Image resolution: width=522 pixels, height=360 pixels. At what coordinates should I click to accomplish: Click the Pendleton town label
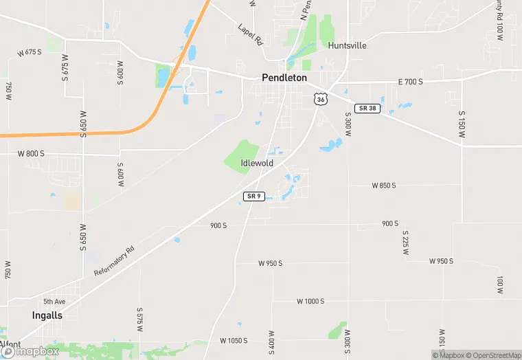(284, 78)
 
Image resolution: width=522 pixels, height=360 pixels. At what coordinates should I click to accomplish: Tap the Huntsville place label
(347, 45)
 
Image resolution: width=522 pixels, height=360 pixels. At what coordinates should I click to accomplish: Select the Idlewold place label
(258, 163)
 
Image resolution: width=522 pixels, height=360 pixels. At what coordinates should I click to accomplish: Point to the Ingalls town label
(47, 315)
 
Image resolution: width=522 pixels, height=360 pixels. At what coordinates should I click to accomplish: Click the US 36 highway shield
(319, 99)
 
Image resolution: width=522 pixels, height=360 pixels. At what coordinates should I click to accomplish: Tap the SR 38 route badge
(367, 109)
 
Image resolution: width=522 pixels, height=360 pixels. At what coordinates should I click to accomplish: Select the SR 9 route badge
(253, 196)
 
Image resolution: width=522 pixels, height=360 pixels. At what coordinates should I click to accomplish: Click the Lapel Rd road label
(250, 35)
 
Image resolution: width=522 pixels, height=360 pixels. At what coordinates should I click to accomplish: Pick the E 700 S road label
(411, 82)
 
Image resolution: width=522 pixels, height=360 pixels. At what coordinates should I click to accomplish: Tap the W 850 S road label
(384, 185)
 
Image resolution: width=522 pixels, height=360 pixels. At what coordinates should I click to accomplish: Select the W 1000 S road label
(310, 301)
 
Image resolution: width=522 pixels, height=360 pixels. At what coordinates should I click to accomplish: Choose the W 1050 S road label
(233, 341)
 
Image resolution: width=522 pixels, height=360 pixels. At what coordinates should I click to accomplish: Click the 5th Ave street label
(54, 302)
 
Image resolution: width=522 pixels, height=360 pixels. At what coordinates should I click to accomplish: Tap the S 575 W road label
(139, 320)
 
